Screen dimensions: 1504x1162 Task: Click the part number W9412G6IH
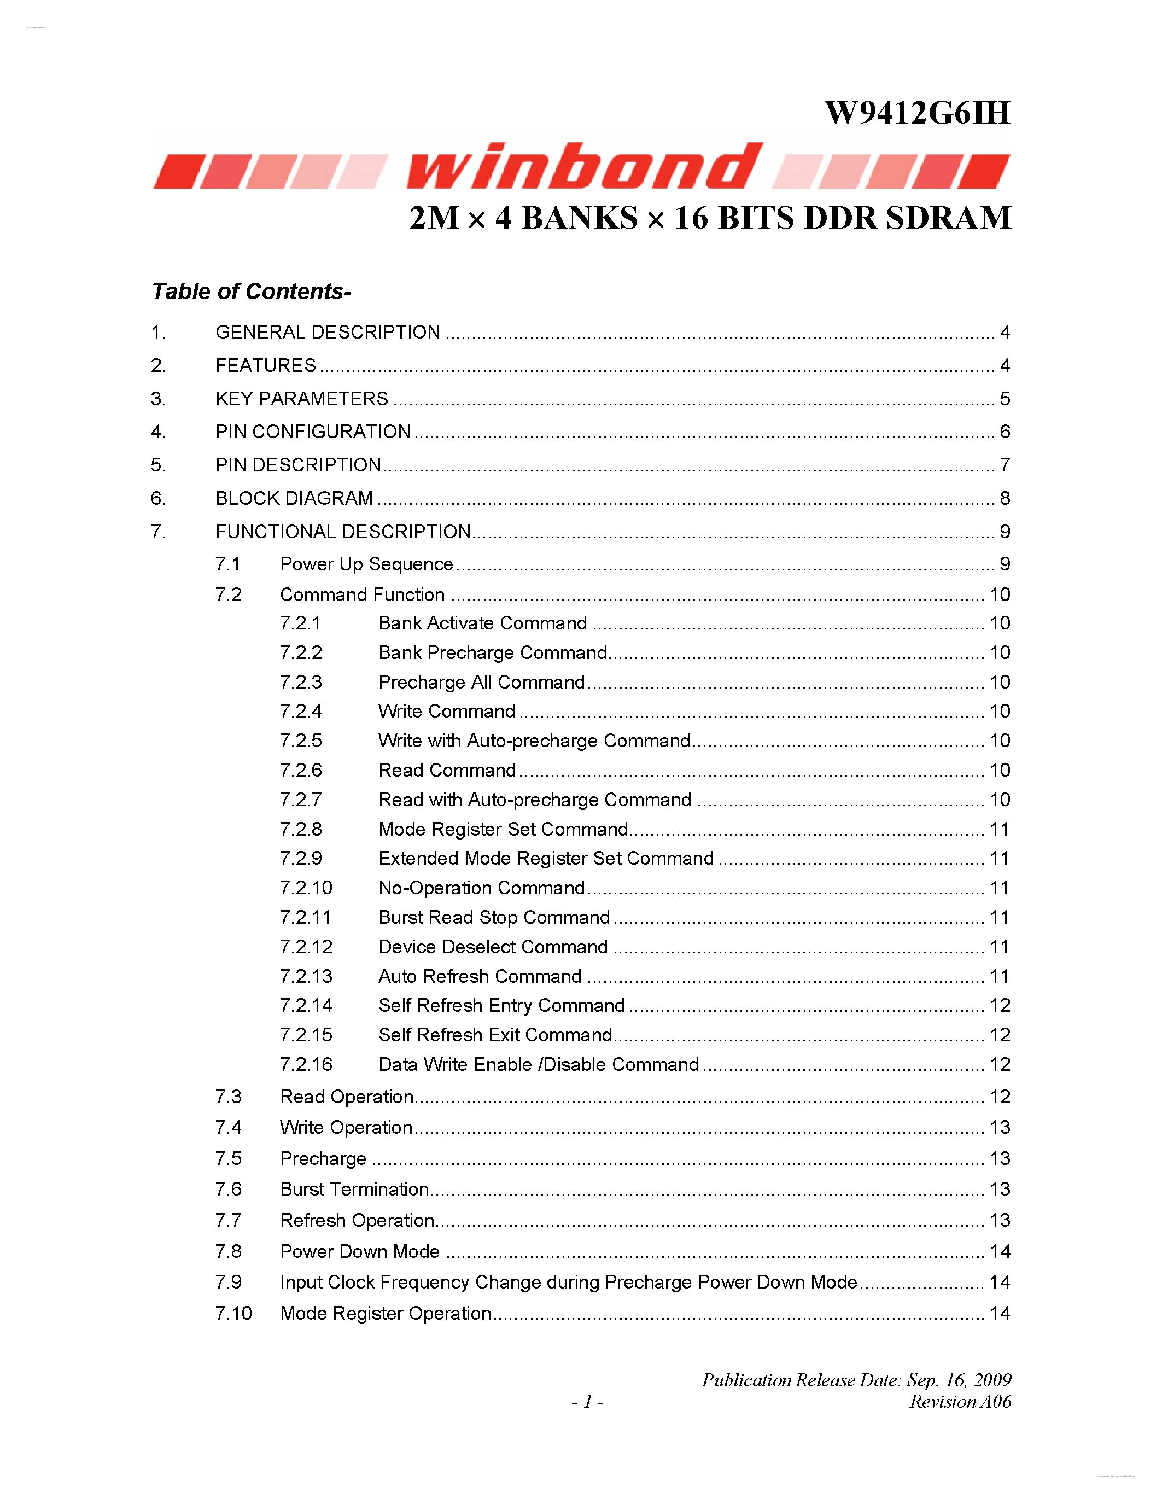click(x=917, y=113)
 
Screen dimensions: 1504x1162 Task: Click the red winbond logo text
click(x=584, y=167)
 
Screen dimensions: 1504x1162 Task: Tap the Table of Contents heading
click(x=251, y=292)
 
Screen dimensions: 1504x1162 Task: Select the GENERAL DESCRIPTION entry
click(x=328, y=332)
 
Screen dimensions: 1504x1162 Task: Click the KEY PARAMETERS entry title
click(x=301, y=399)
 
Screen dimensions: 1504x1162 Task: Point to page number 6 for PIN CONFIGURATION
click(x=1005, y=432)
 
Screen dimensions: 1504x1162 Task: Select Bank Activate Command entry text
click(x=482, y=623)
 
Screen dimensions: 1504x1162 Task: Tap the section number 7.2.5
click(x=301, y=741)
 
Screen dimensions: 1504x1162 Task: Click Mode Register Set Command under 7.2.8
click(x=503, y=829)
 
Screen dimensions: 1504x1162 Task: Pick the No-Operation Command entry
click(x=482, y=888)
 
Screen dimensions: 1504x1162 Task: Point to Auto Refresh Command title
click(x=480, y=976)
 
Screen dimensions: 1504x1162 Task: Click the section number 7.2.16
click(x=306, y=1065)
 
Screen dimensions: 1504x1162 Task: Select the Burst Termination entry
click(x=354, y=1190)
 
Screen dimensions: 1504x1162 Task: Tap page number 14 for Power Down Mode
click(x=1000, y=1251)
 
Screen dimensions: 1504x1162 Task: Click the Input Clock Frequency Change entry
click(x=568, y=1283)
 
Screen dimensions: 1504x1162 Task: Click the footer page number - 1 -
click(x=587, y=1402)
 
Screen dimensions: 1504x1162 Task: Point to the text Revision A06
click(x=960, y=1402)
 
